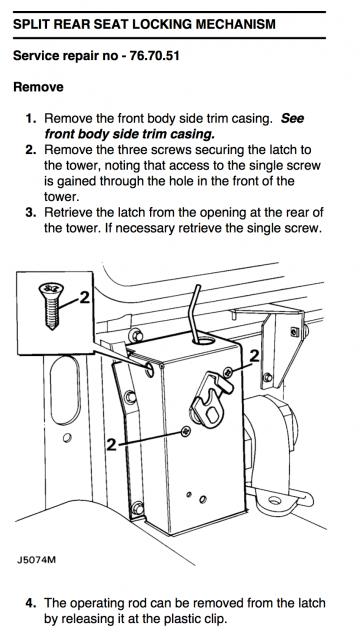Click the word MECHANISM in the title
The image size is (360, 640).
[x=236, y=24]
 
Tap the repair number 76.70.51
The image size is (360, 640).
[x=154, y=56]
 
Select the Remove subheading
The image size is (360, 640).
[x=38, y=87]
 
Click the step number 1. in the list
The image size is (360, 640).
[x=31, y=119]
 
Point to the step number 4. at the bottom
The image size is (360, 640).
[x=31, y=603]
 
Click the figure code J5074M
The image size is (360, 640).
[x=36, y=560]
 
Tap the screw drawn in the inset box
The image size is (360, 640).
[x=51, y=306]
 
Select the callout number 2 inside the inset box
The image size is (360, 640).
[x=84, y=298]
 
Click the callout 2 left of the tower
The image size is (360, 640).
[x=111, y=444]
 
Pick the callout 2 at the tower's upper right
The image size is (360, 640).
[x=254, y=356]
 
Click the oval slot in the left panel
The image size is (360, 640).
[x=65, y=391]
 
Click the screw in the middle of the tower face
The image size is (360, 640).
[x=186, y=431]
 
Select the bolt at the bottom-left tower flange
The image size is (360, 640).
[x=138, y=509]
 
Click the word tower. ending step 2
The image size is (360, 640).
[x=61, y=197]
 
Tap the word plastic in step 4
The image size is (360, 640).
[x=180, y=619]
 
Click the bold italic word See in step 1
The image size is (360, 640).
[x=292, y=119]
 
